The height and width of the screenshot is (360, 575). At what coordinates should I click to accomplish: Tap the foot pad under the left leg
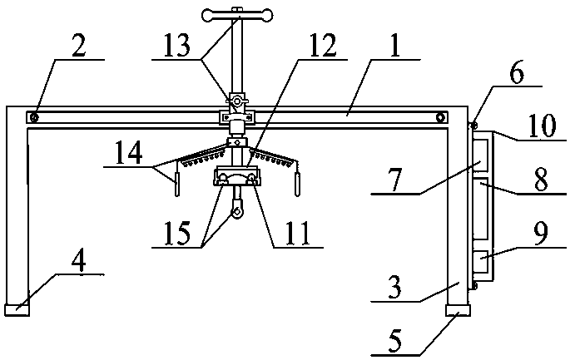[17, 310]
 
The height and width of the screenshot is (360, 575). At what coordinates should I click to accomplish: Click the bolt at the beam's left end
[33, 117]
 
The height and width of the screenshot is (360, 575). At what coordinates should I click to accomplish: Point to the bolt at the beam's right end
[441, 117]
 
